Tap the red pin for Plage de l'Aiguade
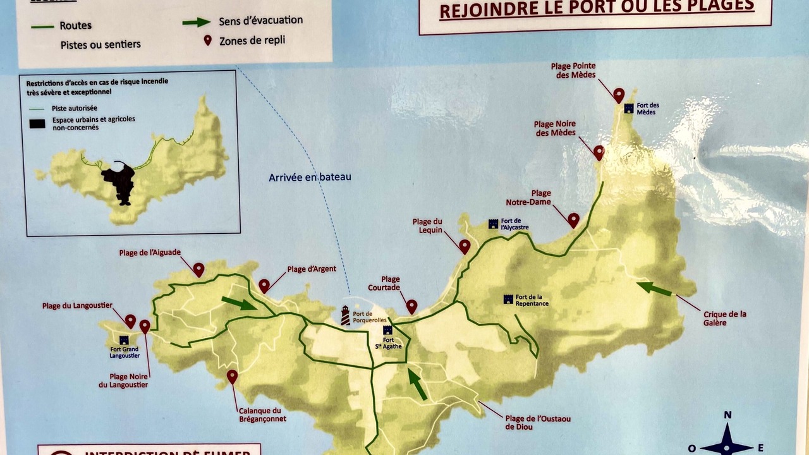(x=198, y=270)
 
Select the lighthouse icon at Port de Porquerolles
(x=345, y=315)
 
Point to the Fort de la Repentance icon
(x=508, y=300)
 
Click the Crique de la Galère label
(x=724, y=318)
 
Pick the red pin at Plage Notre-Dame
(x=573, y=220)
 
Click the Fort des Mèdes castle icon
(x=629, y=108)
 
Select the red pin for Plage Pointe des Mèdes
(x=619, y=95)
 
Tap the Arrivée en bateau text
(x=310, y=178)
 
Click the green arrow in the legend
(x=197, y=22)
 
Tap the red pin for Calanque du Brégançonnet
(x=232, y=377)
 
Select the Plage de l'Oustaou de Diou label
(x=537, y=422)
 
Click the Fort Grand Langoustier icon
(x=124, y=340)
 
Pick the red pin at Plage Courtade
(x=411, y=306)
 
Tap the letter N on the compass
(x=727, y=415)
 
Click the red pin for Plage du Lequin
(x=465, y=246)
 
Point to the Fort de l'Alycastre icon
(x=493, y=224)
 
